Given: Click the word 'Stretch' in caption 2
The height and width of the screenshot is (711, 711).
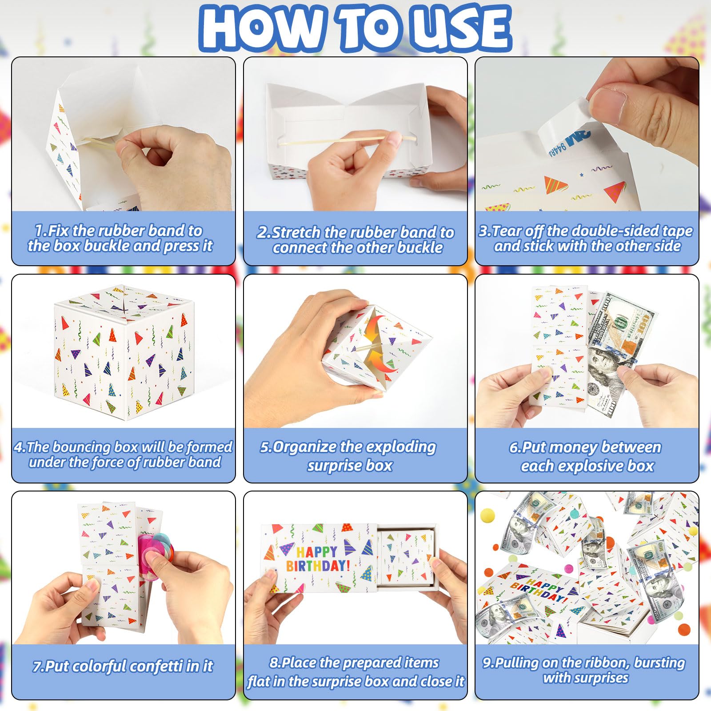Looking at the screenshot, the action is tap(296, 232).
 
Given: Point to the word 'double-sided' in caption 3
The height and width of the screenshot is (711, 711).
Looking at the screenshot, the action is tap(615, 231).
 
